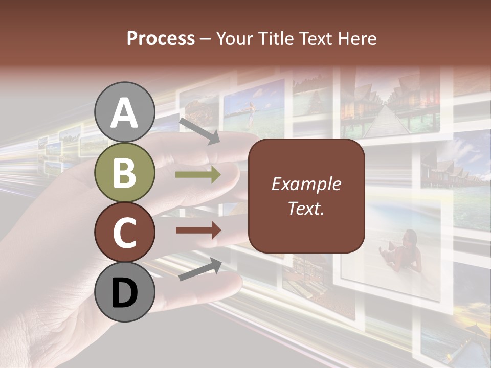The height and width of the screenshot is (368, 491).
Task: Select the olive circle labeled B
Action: pos(125,173)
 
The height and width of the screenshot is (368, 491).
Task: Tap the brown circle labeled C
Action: pos(125,232)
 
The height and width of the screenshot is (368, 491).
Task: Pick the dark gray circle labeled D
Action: pos(125,292)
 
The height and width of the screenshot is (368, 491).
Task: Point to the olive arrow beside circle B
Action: pos(197,175)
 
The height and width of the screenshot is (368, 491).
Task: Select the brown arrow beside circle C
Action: pos(197,231)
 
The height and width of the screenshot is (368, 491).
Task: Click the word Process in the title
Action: pos(161,38)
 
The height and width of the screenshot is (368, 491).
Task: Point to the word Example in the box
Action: pos(306,184)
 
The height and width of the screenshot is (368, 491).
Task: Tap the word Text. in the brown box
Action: pos(306,208)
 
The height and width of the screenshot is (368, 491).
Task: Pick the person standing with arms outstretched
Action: pos(250,113)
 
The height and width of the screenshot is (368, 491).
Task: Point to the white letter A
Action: pos(125,113)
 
